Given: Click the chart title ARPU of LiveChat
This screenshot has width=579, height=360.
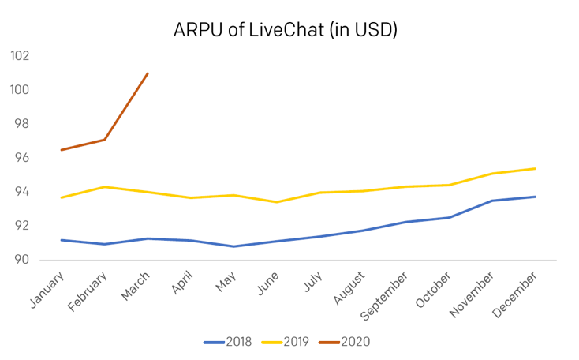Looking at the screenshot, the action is tap(286, 30).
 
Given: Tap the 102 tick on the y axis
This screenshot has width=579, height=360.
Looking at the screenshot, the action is tap(20, 55).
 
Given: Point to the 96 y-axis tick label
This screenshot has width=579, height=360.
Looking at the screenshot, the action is tap(21, 157).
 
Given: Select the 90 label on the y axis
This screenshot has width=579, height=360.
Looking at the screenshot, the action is tap(21, 260).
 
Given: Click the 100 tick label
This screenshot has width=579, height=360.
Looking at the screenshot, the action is tap(20, 89).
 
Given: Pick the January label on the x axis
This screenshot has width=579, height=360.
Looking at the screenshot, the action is tap(47, 290).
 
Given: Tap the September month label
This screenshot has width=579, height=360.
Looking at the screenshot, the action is tap(383, 296).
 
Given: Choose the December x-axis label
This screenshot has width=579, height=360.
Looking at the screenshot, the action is tap(514, 294).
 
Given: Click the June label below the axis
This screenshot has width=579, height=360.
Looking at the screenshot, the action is tap(267, 283).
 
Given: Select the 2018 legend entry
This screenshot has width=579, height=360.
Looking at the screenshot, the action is tap(227, 342).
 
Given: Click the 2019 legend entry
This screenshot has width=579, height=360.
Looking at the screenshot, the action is tap(285, 342).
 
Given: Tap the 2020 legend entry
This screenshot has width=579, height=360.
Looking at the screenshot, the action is tap(344, 342).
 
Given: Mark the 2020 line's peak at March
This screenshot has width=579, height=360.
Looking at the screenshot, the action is tap(148, 73).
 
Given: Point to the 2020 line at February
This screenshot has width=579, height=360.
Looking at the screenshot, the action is tap(104, 140).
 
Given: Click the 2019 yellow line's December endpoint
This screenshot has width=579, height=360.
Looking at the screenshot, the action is tap(535, 168).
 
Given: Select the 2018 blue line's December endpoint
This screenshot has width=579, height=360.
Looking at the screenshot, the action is tap(535, 197).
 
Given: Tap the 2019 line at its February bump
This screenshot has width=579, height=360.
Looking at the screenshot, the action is tap(104, 186).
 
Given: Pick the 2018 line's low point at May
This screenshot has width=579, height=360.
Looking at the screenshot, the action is tap(233, 246).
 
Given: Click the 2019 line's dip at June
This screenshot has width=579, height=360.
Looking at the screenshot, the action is tap(277, 202).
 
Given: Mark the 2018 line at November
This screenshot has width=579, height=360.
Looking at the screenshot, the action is tap(492, 201).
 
